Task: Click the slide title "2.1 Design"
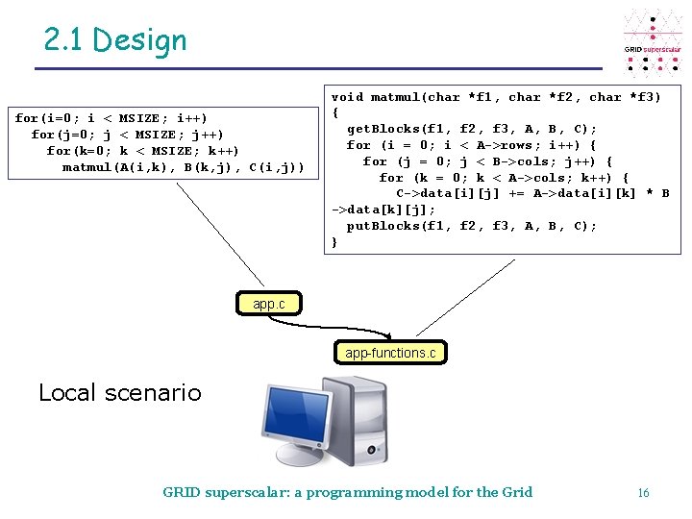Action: (115, 40)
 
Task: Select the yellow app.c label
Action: (268, 304)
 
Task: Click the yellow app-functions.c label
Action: (390, 353)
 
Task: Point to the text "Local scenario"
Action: (120, 392)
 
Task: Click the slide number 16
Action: (643, 493)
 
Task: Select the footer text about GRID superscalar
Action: (347, 492)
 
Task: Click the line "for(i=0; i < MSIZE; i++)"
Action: (111, 118)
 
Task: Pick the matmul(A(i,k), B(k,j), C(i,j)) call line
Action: (183, 167)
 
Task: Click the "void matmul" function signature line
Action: (496, 97)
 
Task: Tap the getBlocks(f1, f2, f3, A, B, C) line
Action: (471, 129)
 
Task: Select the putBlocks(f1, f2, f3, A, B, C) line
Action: (471, 226)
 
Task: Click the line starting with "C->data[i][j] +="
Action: (532, 193)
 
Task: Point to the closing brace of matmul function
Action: (334, 242)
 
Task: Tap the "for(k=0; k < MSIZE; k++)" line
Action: (142, 151)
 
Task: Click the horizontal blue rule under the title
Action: (317, 69)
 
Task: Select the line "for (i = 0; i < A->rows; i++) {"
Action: (471, 145)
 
